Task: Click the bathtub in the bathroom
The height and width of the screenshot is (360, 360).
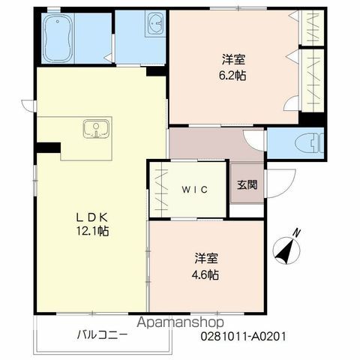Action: click(58, 38)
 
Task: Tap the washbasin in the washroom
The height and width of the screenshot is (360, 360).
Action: click(157, 24)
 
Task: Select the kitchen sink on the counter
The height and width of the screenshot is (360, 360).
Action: click(96, 129)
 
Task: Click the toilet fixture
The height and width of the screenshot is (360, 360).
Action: click(309, 144)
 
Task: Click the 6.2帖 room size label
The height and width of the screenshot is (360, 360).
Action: click(232, 76)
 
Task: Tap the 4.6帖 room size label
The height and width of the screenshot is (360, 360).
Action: click(205, 275)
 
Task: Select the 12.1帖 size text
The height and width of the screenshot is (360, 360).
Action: click(93, 231)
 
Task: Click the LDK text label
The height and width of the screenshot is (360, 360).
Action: click(92, 217)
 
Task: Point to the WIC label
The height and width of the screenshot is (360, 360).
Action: click(195, 190)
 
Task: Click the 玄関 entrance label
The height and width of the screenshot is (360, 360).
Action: click(247, 185)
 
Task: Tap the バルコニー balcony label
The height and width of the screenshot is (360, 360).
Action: click(102, 334)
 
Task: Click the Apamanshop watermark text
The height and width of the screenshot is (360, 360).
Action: click(180, 322)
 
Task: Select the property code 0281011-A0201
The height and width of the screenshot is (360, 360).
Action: click(243, 336)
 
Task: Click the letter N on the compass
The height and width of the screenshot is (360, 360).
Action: click(297, 233)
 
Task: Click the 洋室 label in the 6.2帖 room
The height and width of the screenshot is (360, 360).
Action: click(233, 60)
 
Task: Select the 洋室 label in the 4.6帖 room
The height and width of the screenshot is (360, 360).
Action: click(206, 259)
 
